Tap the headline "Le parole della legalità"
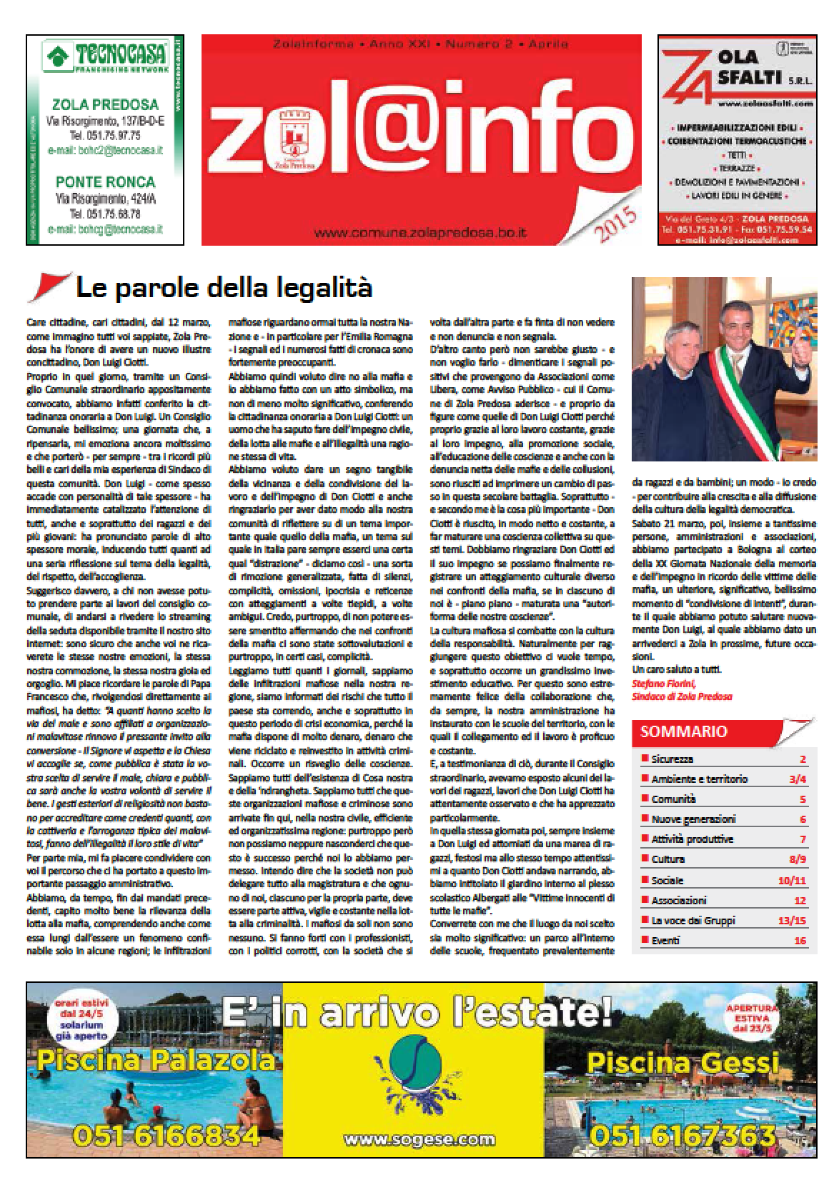pos(224,289)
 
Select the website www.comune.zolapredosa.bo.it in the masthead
pos(419,232)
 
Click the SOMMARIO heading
pos(684,731)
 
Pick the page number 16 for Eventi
pos(800,941)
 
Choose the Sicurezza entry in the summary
pos(672,759)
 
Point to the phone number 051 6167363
pos(684,1136)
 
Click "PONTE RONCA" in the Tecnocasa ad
pos(104,181)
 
